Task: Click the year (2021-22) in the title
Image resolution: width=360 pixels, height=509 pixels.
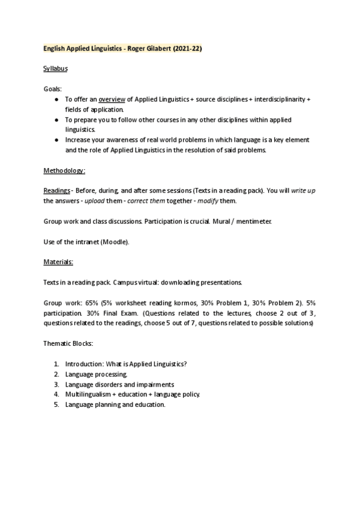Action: point(187,49)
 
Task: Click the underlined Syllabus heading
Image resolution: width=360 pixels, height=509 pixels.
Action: point(56,68)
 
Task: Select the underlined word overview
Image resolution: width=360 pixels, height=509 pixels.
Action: point(112,98)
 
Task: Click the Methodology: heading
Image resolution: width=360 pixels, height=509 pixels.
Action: point(64,170)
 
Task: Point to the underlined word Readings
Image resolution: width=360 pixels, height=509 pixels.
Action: point(58,190)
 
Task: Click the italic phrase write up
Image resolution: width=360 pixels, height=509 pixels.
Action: point(305,190)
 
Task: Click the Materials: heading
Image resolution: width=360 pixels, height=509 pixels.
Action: point(58,262)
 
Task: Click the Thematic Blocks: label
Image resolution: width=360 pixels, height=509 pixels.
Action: point(68,343)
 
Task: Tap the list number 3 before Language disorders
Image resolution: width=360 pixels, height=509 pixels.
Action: point(56,384)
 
